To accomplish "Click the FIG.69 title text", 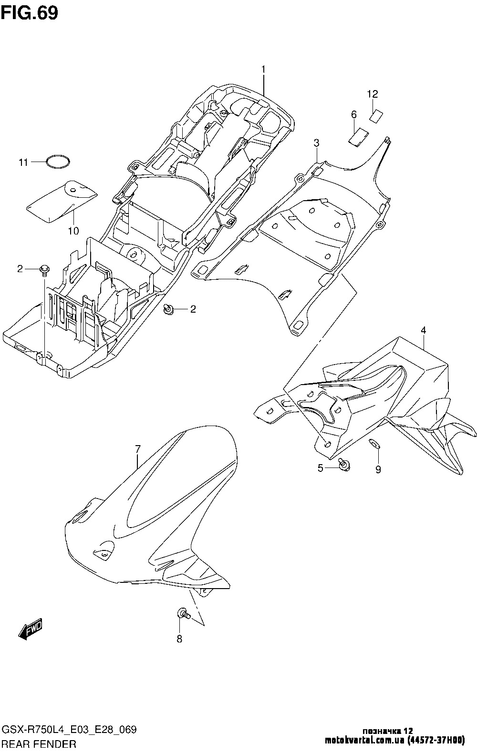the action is point(30,13).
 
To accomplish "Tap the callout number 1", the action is point(263,70).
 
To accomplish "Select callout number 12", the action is point(373,94).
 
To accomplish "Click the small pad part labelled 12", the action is point(376,116).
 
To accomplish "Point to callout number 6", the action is point(354,115).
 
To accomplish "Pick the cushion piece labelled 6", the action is point(358,137).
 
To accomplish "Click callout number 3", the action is point(316,143).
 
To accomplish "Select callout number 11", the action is point(23,163).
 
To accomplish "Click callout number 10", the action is point(73,231).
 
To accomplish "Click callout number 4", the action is point(424,330).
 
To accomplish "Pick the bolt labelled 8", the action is point(184,614).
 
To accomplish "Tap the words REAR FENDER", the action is point(39,744).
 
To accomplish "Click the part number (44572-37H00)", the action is point(436,740).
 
